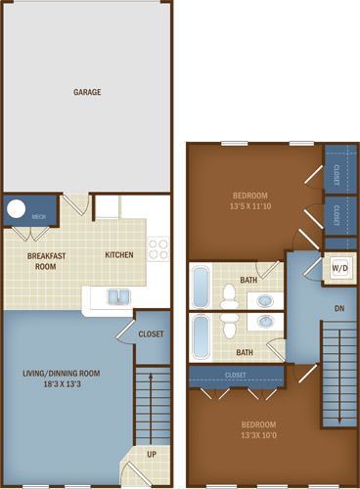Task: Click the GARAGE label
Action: [x=87, y=92]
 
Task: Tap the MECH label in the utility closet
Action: [x=39, y=216]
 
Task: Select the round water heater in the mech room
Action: [x=16, y=208]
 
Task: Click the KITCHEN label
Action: [x=119, y=254]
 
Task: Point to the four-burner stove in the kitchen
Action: [x=158, y=249]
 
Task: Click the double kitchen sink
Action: [x=118, y=296]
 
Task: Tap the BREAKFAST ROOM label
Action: [x=46, y=261]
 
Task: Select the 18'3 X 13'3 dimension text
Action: [x=63, y=384]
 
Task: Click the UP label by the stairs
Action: [x=152, y=454]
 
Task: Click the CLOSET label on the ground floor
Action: [x=151, y=334]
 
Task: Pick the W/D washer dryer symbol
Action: [x=339, y=268]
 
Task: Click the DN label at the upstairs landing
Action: [x=339, y=308]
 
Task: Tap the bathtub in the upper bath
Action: [x=201, y=287]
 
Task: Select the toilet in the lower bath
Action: [x=230, y=326]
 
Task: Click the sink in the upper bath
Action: [x=265, y=301]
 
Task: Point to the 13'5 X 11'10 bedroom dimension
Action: [x=250, y=206]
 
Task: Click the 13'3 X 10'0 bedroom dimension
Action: [x=259, y=435]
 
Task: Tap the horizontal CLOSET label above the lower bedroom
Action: [x=236, y=376]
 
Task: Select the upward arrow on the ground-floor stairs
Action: [x=151, y=409]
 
